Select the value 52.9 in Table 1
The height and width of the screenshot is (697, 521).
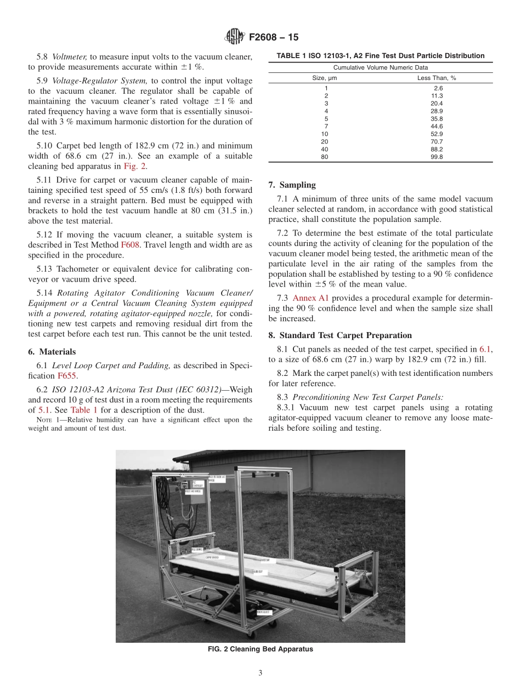[x=437, y=134]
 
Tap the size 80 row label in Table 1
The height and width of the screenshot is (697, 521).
[x=326, y=157]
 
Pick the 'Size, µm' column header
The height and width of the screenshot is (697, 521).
[x=325, y=78]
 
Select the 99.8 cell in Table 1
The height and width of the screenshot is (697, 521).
[x=437, y=157]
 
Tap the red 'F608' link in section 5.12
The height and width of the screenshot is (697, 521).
[x=130, y=244]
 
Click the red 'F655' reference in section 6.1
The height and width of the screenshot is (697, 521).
[x=67, y=376]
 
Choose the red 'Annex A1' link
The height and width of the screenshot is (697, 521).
[x=310, y=298]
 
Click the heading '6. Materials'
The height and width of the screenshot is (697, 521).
[x=52, y=352]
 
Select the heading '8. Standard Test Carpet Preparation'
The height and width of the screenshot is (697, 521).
[x=340, y=335]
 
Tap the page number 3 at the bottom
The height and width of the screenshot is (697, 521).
[x=260, y=673]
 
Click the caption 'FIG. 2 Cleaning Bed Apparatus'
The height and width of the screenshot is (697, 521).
[x=260, y=649]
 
